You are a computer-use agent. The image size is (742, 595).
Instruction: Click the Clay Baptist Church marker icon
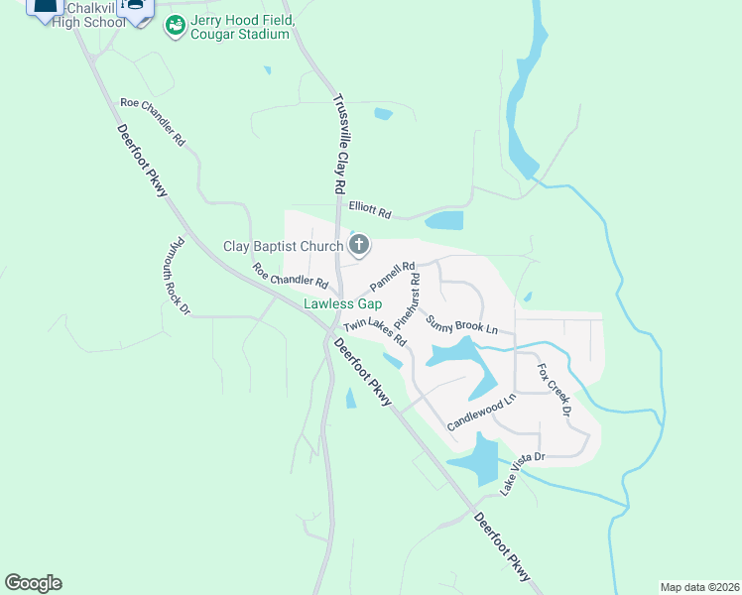tap(359, 244)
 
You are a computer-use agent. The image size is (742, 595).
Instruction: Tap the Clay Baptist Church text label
tap(283, 245)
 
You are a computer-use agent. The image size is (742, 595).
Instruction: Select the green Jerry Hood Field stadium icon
tap(175, 25)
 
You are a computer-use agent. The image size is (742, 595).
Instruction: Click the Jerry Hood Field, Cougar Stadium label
tap(241, 27)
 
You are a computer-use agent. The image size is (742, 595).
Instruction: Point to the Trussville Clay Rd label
tap(338, 145)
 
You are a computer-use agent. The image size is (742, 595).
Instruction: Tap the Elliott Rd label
tap(370, 209)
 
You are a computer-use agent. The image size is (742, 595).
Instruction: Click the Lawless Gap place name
tap(342, 304)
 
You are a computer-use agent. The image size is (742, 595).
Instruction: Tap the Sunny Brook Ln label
tap(461, 324)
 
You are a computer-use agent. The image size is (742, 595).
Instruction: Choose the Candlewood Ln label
tap(482, 412)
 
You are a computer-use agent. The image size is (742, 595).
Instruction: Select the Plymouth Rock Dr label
tap(179, 276)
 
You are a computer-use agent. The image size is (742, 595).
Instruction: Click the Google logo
tap(33, 583)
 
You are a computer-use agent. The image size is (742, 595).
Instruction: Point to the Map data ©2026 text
tap(698, 586)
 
